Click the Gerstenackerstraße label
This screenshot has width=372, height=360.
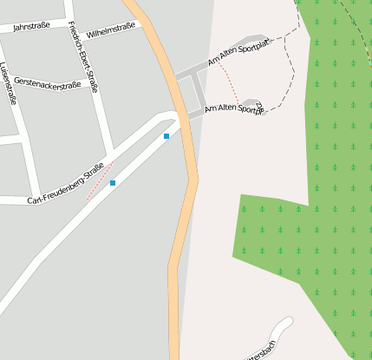tap(48, 83)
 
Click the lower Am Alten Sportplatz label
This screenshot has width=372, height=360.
tap(234, 109)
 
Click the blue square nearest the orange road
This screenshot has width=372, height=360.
tap(166, 136)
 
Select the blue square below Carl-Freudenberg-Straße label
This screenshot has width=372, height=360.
tap(113, 183)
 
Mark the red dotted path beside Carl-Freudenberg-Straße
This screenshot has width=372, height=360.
tap(100, 181)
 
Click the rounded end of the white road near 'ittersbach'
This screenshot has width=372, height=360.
tap(285, 324)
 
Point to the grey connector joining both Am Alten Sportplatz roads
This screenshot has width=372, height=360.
tap(199, 90)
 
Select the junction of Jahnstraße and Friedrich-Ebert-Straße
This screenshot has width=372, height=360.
tap(69, 20)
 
